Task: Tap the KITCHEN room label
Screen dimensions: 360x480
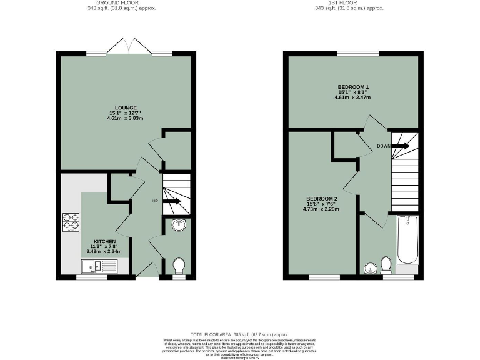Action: click(x=105, y=241)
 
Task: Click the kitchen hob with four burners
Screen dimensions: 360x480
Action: click(x=71, y=222)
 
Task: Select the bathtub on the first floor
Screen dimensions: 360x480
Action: click(x=407, y=240)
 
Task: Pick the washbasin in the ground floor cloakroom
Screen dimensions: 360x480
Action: click(x=179, y=226)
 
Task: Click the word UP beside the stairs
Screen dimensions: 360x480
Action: click(x=155, y=201)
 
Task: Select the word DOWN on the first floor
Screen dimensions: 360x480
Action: click(x=384, y=146)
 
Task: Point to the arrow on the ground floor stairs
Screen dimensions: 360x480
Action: click(x=174, y=201)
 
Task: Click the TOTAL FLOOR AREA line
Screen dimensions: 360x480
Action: click(x=240, y=335)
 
